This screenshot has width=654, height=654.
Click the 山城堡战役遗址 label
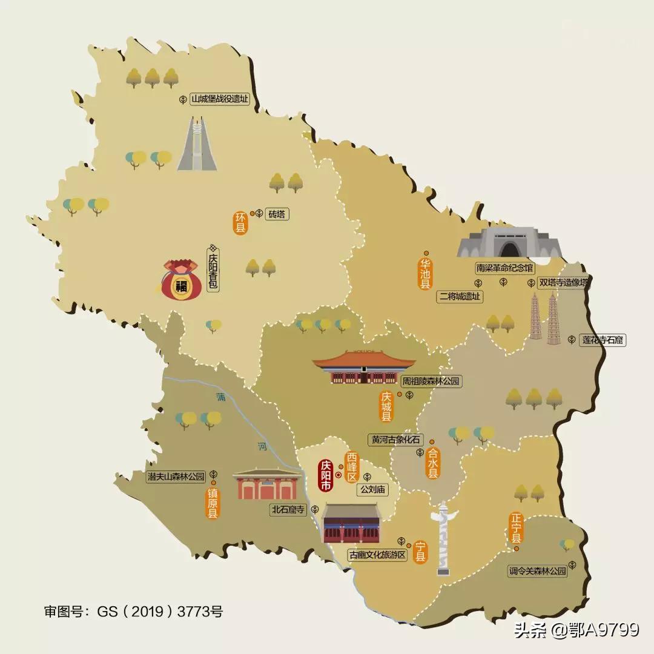point(220,99)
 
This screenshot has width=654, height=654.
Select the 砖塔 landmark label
point(278,214)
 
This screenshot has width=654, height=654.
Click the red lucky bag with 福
point(181,280)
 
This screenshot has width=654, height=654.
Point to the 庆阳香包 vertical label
point(213,272)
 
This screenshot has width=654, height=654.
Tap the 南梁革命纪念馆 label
point(504,268)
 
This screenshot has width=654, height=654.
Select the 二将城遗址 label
point(460,297)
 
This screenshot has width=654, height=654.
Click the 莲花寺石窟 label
point(603,340)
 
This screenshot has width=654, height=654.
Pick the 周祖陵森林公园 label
point(432,381)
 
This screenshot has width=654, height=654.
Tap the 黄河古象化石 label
point(397,440)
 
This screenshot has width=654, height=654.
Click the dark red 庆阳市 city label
point(326,476)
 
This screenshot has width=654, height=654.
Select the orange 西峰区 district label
point(352,467)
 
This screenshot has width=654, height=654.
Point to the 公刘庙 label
point(374,489)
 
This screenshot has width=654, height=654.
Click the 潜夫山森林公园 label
point(177,476)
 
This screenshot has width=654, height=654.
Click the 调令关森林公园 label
point(538,570)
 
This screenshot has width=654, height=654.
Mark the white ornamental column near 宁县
point(443,539)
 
